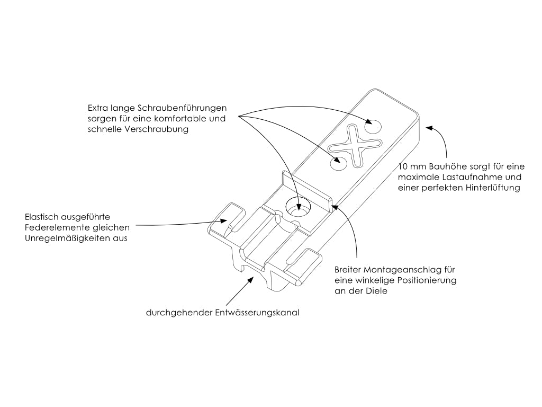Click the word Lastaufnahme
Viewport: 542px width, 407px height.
tap(462, 176)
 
